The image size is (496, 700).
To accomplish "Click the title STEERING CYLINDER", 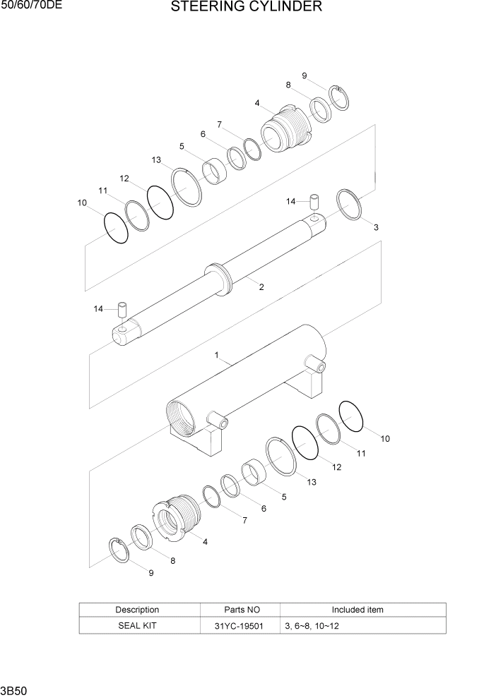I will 247,8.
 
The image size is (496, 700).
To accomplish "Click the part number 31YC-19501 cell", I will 241,626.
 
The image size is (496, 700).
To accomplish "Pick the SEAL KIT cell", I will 137,626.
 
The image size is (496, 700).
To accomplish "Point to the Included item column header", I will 358,610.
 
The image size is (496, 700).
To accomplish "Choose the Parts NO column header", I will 241,610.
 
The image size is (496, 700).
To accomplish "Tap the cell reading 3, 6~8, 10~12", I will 312,626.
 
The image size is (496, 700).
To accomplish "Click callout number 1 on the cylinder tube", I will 217,355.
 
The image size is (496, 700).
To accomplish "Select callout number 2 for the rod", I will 261,287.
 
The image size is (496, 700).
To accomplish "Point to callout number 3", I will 376,227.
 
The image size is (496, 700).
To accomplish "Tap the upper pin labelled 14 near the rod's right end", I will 314,201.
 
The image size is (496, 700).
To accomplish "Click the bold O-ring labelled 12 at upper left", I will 161,201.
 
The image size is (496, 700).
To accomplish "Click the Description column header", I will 137,610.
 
